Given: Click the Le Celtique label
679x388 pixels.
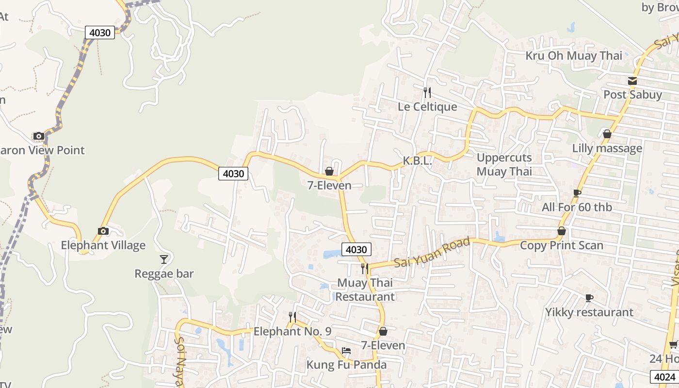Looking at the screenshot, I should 427,107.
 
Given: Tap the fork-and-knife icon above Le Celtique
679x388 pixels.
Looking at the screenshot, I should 427,92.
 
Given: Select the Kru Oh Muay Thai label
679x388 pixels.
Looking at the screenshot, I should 574,56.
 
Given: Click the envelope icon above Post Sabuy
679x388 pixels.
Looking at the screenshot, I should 632,81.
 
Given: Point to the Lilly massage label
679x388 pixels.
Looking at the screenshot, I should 607,148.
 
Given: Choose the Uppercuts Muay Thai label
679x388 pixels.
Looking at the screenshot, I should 504,164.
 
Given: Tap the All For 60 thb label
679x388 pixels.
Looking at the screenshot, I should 577,208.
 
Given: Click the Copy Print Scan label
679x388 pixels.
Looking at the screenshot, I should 561,245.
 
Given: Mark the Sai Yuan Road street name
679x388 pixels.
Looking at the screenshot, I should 432,253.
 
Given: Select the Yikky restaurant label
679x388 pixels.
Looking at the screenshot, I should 589,312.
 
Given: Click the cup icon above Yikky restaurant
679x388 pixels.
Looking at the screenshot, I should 589,298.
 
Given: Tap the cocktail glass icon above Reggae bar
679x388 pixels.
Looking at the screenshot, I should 164,259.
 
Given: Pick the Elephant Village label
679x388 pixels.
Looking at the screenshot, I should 103,245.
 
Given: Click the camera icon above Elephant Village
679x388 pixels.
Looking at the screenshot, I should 103,231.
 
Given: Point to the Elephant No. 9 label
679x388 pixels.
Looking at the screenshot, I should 292,332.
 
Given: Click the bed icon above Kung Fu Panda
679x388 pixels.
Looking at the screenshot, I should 346,350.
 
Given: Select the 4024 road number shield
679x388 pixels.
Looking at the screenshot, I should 664,377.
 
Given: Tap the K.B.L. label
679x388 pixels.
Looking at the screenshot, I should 417,161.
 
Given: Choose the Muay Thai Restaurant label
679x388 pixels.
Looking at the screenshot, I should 365,290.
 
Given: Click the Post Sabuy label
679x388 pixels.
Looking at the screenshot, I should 632,95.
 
